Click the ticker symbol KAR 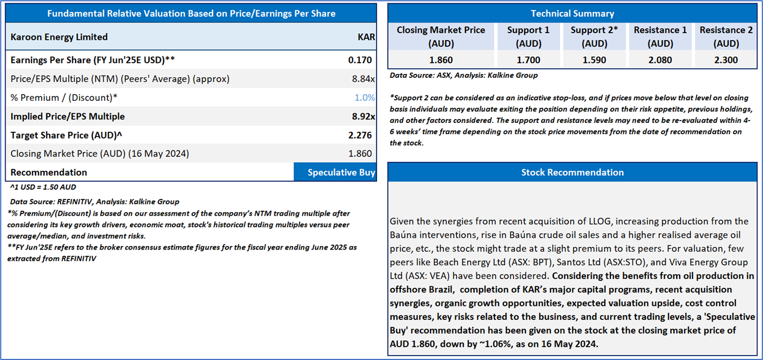366,37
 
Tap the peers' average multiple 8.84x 363,79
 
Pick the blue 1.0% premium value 365,97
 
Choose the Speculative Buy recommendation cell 335,172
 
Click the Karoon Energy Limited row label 59,37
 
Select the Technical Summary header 572,14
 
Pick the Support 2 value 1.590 595,60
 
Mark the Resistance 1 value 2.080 660,60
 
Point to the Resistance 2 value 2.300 726,60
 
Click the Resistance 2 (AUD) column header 726,37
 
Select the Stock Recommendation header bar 572,172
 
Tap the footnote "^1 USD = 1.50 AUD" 43,187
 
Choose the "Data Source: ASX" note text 463,75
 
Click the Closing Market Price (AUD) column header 441,37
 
